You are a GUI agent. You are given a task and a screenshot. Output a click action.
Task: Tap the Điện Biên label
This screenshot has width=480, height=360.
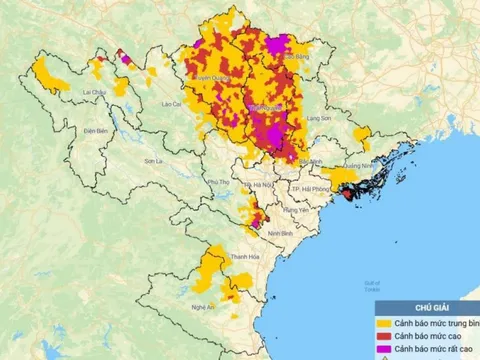tap(96, 131)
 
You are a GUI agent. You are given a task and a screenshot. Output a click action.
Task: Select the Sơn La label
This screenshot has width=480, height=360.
tap(152, 160)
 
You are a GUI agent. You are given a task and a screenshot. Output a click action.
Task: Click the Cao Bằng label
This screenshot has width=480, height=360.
tap(296, 59)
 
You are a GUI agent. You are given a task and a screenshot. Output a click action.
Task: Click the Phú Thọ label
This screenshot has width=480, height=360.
tap(216, 181)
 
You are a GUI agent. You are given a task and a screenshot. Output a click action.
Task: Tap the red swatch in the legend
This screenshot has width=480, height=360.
tap(383, 336)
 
